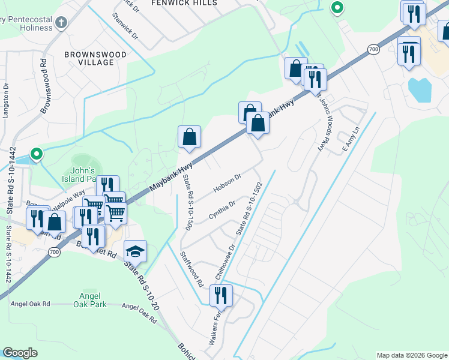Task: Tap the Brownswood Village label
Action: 95,58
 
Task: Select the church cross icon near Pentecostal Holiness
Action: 60,23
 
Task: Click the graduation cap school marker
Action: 135,252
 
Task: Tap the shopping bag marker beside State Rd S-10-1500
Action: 189,137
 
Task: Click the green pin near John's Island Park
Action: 36,154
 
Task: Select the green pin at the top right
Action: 337,8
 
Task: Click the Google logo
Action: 20,353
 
